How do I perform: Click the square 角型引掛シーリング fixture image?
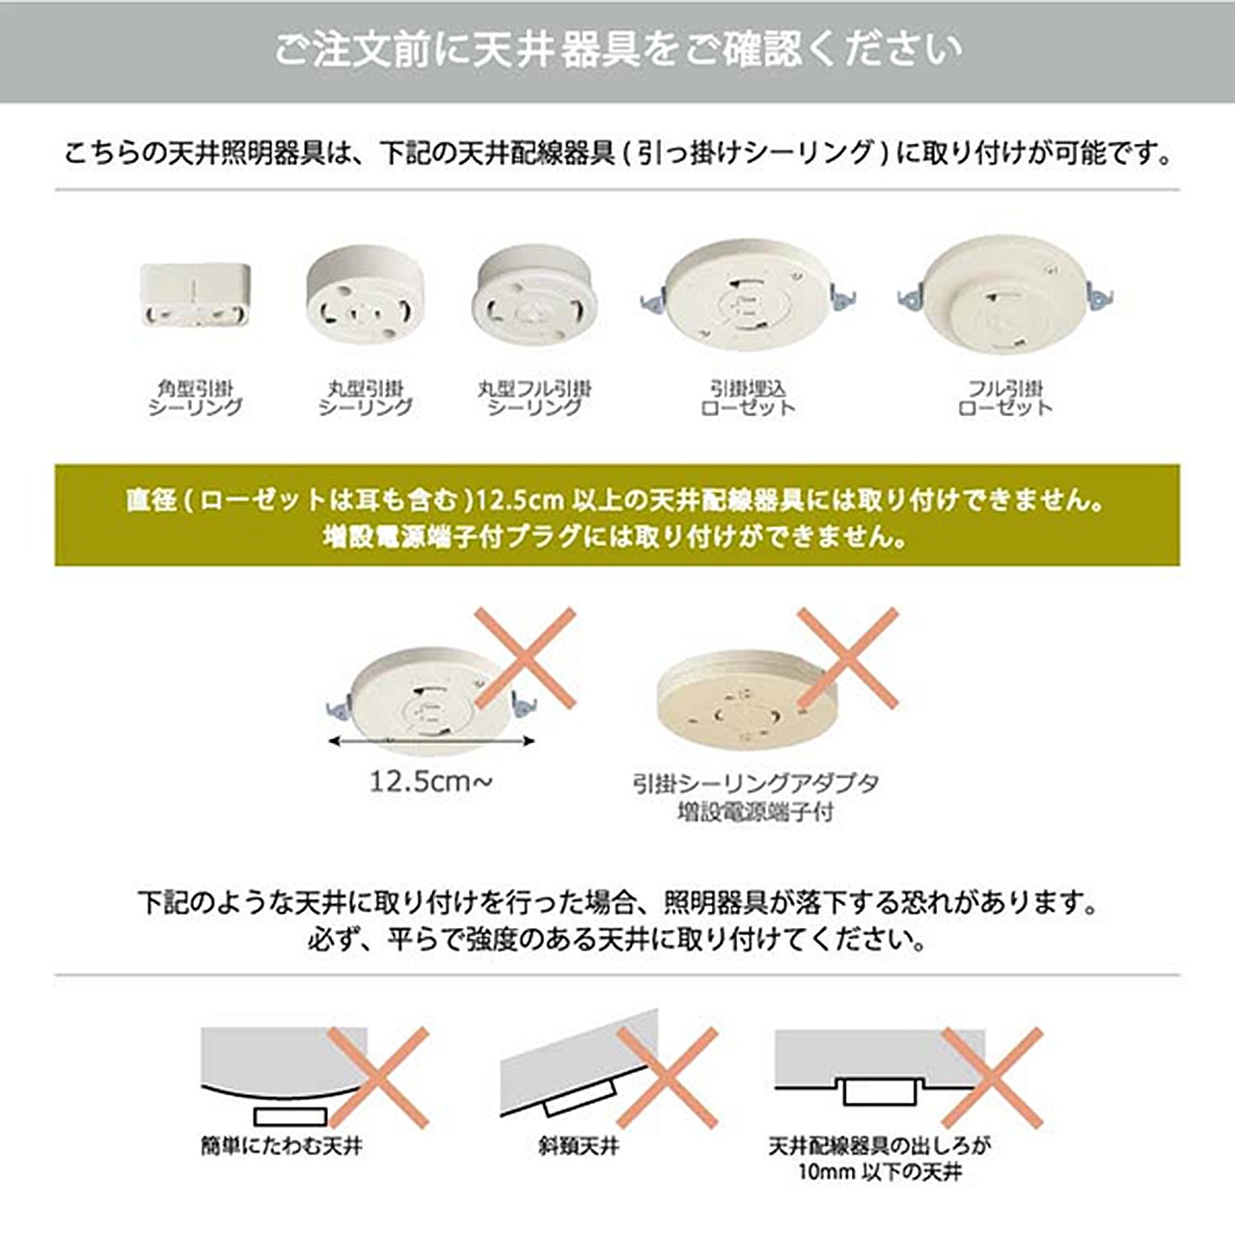tap(195, 297)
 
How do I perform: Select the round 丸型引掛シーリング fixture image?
tap(365, 295)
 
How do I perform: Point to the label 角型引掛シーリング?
tap(195, 398)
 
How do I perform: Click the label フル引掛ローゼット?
tap(1005, 398)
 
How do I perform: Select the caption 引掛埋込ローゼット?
tap(748, 398)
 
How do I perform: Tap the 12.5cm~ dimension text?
tap(431, 782)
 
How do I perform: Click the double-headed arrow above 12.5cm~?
tap(431, 742)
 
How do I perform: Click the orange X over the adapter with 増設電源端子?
tap(847, 659)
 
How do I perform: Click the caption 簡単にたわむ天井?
tap(281, 1145)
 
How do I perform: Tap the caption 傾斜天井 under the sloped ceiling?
tap(579, 1145)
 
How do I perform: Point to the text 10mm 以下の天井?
tap(880, 1172)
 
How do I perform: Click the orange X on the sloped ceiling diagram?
tap(667, 1078)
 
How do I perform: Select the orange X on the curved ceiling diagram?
tap(378, 1078)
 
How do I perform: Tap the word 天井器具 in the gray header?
tap(556, 50)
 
